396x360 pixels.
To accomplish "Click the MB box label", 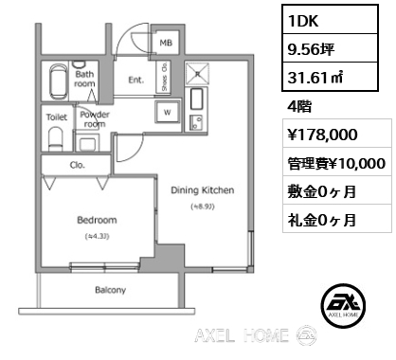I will (x=165, y=43).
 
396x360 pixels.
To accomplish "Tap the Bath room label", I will (x=85, y=79).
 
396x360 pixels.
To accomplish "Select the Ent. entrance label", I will (x=135, y=81).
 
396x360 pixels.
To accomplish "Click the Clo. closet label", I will (x=78, y=165).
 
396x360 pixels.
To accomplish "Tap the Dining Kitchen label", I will (x=202, y=190).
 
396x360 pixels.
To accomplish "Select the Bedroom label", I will (x=96, y=221).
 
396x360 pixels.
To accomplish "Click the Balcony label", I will (x=111, y=290).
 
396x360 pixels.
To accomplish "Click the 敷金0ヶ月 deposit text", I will (x=323, y=191).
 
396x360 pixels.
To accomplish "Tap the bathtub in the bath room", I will (x=58, y=80).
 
